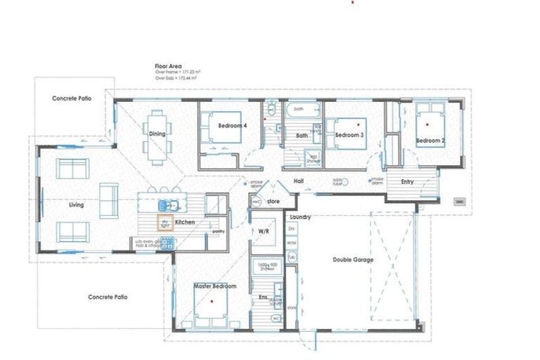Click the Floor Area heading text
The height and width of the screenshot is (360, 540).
(169, 65)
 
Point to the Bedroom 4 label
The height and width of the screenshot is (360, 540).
(232, 126)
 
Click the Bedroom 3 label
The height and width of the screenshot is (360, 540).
(349, 135)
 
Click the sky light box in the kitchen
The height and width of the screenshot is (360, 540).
(165, 224)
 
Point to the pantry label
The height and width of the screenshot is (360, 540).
(218, 231)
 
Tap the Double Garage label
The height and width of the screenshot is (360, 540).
(353, 259)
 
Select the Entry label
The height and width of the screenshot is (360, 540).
(407, 182)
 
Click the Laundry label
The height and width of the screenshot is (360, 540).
(300, 218)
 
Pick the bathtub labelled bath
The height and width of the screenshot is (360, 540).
(302, 110)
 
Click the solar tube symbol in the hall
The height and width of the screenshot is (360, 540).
(335, 183)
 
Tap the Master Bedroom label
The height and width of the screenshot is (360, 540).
(214, 286)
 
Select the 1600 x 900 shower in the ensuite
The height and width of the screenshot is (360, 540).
(266, 269)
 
